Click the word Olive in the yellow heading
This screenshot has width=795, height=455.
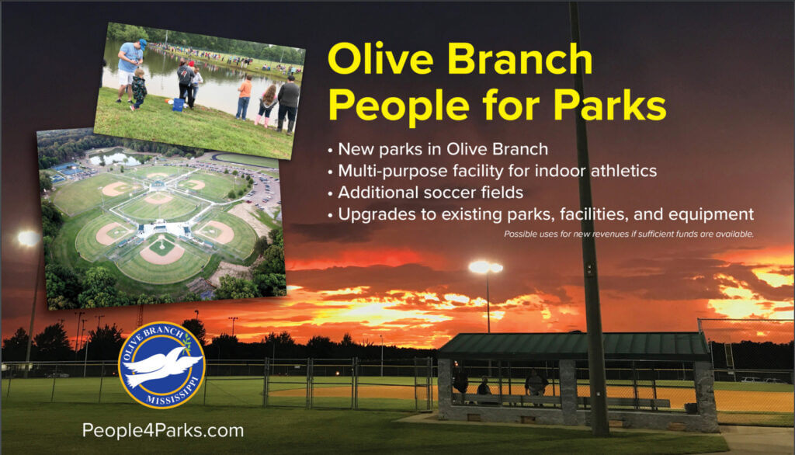coord(380,59)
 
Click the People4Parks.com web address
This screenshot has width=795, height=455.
coord(163,431)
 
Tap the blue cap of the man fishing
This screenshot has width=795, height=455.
coord(143,44)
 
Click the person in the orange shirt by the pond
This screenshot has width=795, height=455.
coord(245,97)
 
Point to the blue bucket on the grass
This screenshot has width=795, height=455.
coord(179,105)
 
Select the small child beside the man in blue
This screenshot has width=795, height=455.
coord(137,89)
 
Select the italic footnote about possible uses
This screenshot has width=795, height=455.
coord(629,234)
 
